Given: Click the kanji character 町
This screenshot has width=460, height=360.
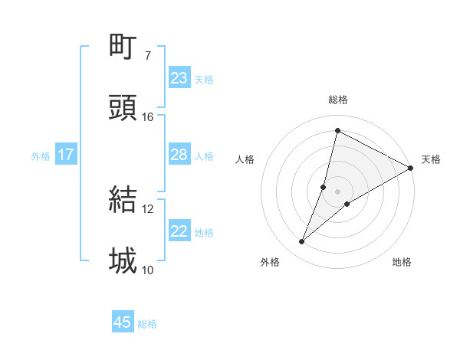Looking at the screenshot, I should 123,46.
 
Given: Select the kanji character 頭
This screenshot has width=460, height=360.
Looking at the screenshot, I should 123,108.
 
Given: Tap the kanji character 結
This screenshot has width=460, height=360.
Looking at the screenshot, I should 123,199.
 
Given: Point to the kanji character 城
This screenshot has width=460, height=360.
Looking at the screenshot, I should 123,261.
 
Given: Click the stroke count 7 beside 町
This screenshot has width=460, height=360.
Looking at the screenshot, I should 148,55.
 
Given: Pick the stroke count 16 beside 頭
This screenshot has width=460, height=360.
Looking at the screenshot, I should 148,117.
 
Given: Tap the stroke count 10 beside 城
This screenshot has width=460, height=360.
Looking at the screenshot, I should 148,270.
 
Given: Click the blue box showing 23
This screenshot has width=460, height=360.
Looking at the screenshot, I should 179,78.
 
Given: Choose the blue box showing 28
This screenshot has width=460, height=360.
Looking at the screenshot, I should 179,155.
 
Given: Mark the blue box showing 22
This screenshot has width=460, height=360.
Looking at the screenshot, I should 179,231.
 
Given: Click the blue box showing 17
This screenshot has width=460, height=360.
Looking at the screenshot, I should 65,155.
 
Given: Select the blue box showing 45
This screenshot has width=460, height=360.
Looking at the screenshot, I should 123,322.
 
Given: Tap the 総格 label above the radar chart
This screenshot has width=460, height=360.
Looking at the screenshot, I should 338,100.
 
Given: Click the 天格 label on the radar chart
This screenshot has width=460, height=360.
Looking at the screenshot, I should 431,159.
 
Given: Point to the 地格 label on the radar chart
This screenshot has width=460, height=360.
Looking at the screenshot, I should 402,262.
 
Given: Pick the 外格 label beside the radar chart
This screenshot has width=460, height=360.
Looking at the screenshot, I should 270,262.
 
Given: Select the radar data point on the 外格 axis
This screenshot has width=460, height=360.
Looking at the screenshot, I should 302,242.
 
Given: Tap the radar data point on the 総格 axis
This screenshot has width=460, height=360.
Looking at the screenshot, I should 337,130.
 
